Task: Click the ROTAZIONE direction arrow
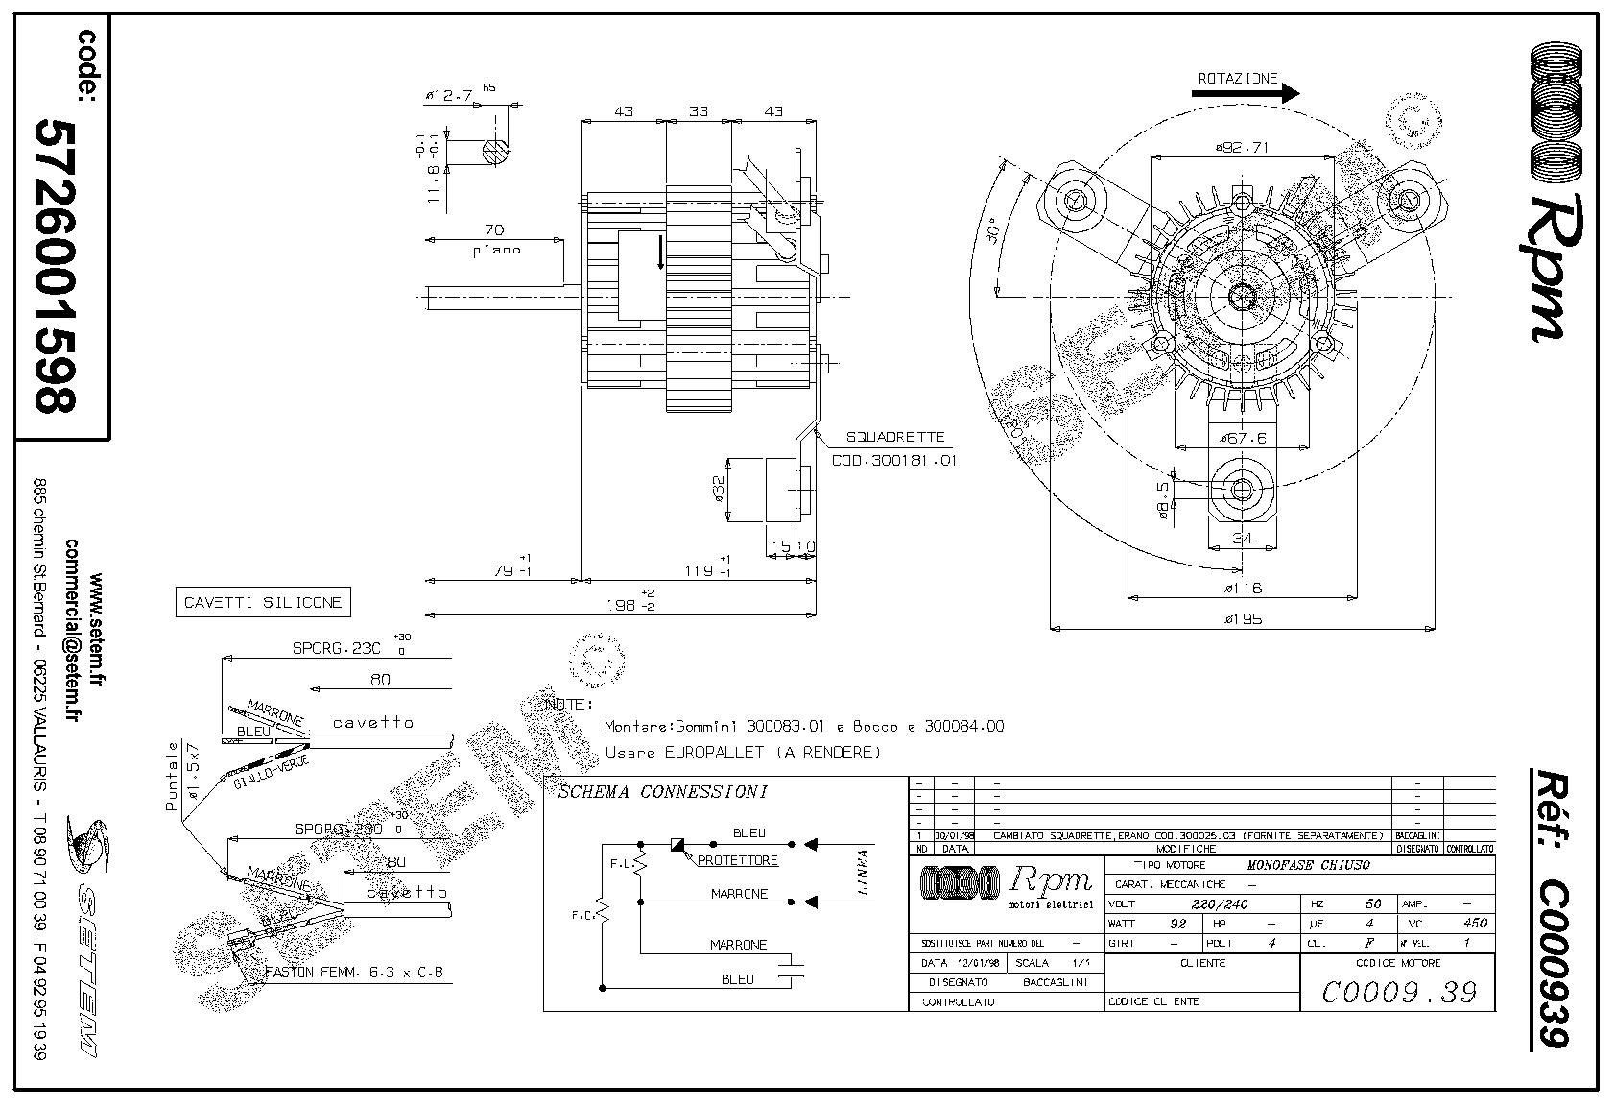[1246, 94]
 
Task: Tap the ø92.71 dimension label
[1243, 148]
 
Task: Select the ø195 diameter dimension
[1243, 619]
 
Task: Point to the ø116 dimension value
[1243, 588]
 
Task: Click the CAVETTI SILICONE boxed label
[263, 603]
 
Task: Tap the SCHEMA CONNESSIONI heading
[662, 792]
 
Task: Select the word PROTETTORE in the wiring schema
[737, 860]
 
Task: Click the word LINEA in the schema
[863, 872]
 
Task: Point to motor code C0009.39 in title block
[1398, 992]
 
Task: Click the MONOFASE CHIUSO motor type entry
[1308, 865]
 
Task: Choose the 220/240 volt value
[1218, 904]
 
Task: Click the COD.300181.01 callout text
[893, 460]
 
